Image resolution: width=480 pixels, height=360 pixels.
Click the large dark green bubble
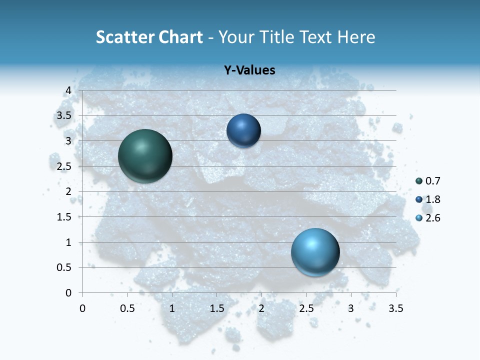click(x=145, y=156)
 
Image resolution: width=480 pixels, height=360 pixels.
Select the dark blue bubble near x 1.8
click(x=243, y=131)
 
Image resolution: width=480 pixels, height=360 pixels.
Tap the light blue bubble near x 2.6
click(x=315, y=252)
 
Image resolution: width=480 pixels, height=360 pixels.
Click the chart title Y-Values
click(x=249, y=70)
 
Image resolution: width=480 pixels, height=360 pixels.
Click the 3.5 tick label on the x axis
click(x=396, y=308)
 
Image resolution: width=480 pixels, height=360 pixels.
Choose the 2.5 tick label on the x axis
click(x=306, y=308)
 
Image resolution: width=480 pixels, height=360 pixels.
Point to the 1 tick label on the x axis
click(x=172, y=308)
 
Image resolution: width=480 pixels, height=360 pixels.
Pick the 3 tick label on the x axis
click(x=351, y=308)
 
